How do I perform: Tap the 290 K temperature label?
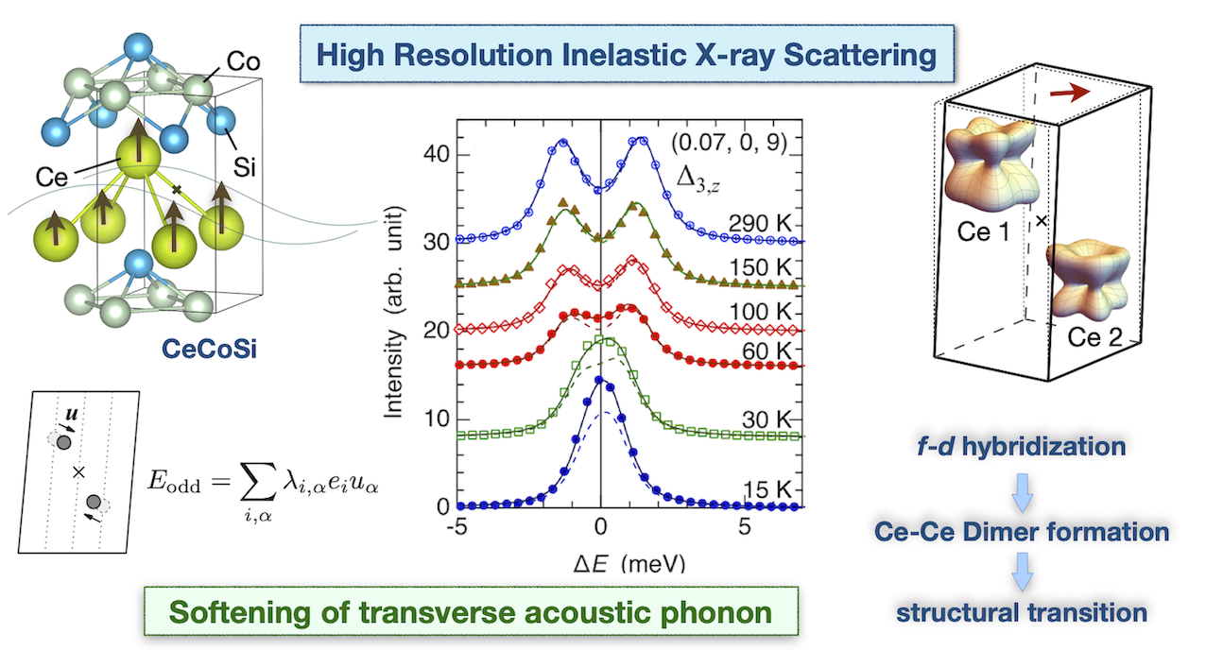(764, 224)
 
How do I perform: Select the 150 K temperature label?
(764, 267)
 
